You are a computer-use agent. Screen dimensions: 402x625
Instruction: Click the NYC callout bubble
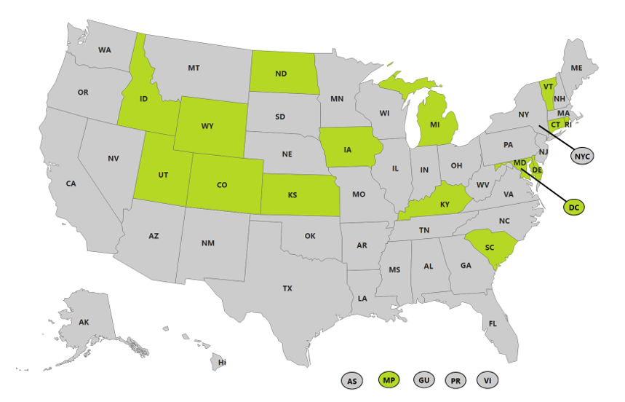[581, 157]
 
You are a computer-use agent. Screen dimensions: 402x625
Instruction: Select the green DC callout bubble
[574, 208]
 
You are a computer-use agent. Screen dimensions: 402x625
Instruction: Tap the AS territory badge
[352, 380]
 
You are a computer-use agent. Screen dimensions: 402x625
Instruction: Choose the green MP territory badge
[389, 379]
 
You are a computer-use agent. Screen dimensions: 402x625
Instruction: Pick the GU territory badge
[424, 379]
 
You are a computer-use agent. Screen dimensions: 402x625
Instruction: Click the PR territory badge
[456, 380]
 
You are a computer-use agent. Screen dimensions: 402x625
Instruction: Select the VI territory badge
[487, 380]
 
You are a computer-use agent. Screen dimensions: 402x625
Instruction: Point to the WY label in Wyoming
[207, 126]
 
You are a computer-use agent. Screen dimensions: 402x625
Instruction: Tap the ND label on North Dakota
[281, 74]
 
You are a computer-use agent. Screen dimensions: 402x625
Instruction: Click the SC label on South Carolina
[490, 248]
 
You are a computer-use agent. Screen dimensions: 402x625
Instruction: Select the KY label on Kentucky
[445, 205]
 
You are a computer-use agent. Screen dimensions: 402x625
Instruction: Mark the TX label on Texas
[287, 288]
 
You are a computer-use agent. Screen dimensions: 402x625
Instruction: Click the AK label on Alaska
[84, 322]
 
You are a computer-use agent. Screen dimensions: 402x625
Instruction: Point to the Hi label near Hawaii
[222, 362]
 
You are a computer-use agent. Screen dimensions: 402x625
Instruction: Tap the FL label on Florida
[493, 323]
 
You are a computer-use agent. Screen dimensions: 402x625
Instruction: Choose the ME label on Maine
[576, 68]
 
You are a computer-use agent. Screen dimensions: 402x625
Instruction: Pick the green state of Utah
[162, 175]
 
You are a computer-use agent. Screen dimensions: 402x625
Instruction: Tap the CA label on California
[71, 184]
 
